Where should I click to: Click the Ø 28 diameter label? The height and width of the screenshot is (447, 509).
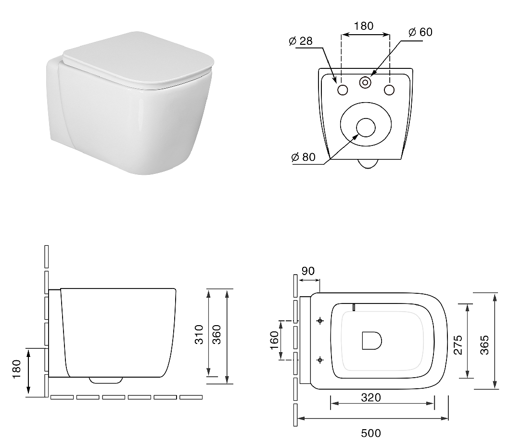click(x=300, y=41)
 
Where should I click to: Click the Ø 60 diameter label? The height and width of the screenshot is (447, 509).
click(x=420, y=32)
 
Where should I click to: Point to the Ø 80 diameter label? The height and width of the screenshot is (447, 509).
click(x=303, y=157)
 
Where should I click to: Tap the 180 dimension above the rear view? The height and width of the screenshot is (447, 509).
click(x=364, y=26)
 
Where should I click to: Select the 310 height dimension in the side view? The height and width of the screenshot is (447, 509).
click(x=199, y=334)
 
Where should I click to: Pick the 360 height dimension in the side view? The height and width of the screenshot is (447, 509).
click(x=216, y=334)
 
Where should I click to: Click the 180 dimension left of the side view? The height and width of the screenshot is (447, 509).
click(x=16, y=368)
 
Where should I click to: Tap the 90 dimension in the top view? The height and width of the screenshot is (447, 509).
click(x=308, y=271)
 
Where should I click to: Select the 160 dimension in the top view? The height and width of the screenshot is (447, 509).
click(x=274, y=340)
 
